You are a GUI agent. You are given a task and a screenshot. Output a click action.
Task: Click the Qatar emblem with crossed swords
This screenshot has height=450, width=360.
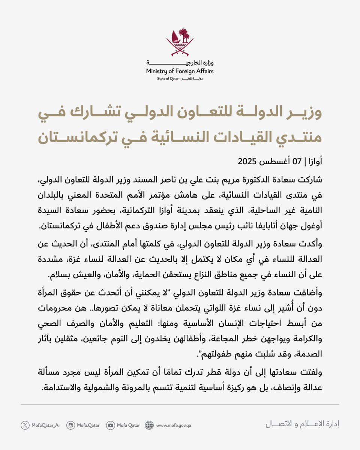[x=180, y=42]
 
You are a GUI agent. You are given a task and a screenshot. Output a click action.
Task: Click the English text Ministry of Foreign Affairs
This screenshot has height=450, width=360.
[x=180, y=71]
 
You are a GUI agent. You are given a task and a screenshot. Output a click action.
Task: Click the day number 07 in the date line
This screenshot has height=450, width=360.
[x=297, y=162]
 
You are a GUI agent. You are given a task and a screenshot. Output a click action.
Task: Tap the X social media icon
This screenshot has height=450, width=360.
[x=25, y=425]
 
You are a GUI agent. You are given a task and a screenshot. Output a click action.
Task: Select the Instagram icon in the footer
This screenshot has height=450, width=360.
[x=71, y=425]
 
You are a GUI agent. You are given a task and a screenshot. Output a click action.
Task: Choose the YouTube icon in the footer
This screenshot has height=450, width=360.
[x=110, y=425]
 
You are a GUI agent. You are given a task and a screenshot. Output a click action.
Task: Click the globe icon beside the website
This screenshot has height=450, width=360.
[x=150, y=425]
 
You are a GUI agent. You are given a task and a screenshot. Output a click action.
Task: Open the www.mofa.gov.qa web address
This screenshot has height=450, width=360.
[x=174, y=425]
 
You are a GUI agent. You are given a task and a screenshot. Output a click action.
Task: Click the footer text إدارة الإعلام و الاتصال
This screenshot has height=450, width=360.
[x=302, y=424]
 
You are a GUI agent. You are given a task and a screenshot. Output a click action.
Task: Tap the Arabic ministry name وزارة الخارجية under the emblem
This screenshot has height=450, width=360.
[x=180, y=62]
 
